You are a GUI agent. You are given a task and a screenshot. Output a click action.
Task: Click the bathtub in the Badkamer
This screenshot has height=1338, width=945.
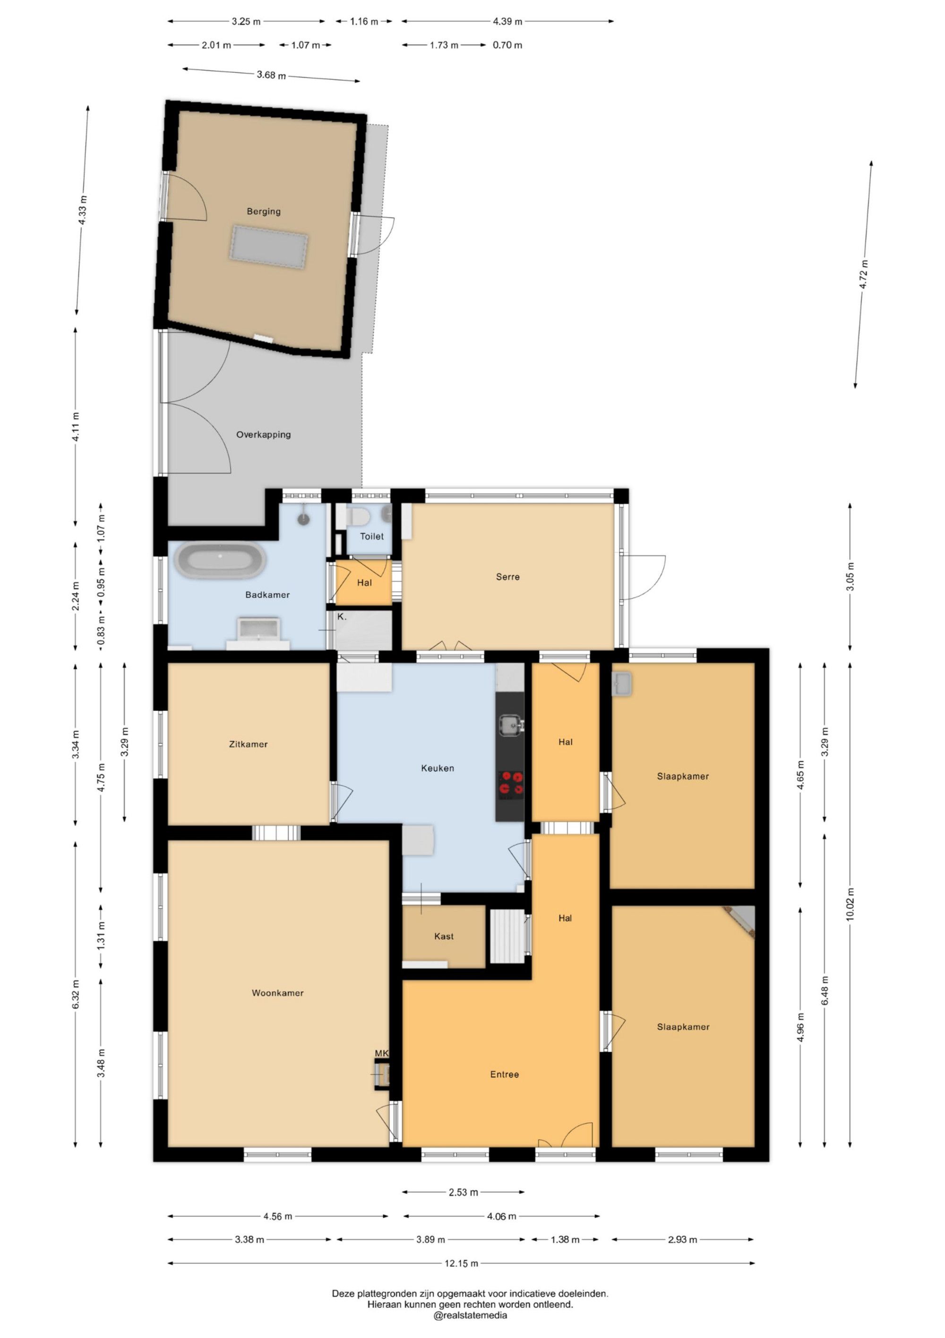[x=221, y=560]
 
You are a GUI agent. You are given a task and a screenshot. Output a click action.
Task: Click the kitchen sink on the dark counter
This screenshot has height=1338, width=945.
[x=511, y=725]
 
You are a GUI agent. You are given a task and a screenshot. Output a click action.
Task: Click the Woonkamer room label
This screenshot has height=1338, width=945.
[x=278, y=993]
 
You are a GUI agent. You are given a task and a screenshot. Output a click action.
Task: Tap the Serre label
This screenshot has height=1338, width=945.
[x=508, y=577]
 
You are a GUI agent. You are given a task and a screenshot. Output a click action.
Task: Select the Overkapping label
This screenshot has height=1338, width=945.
[x=263, y=435]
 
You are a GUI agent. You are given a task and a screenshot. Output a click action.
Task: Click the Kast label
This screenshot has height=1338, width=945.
[x=444, y=936]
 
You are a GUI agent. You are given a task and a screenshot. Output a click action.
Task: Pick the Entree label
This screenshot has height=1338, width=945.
[x=504, y=1075]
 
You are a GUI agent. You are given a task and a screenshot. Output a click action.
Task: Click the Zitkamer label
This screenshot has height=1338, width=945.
[x=248, y=744]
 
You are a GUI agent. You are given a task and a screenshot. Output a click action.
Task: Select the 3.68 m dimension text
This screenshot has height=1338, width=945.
[x=271, y=75]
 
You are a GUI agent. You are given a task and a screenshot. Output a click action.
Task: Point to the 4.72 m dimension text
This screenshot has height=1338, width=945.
[x=865, y=274]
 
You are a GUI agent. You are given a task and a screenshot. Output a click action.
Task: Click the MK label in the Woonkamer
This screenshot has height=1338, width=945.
[x=381, y=1054]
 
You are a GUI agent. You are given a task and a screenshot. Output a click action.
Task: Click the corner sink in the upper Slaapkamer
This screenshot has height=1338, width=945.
[x=622, y=683]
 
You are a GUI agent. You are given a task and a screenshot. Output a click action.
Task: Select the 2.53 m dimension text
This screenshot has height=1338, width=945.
[x=464, y=1192]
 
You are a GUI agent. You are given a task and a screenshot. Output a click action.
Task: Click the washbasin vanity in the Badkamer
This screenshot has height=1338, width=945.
[x=258, y=634]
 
